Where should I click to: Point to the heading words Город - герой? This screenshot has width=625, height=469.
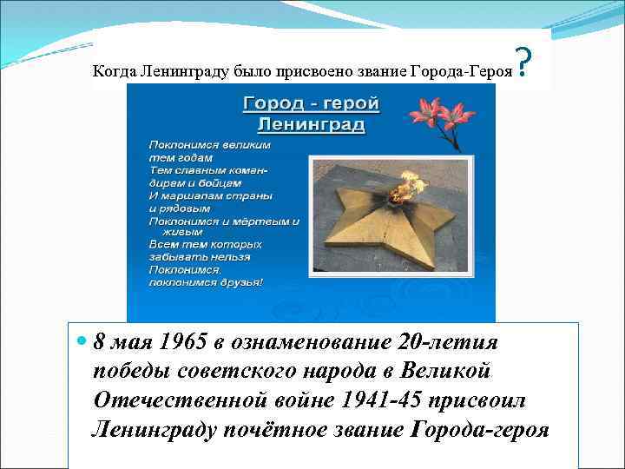coord(310,103)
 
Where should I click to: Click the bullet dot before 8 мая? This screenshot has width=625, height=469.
coord(82,340)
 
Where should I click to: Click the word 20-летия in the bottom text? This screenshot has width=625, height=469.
coord(457,340)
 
